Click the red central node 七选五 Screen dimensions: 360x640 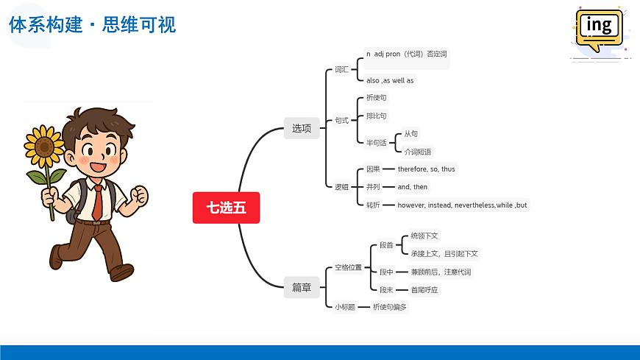[x=226, y=208]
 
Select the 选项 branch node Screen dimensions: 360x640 [x=302, y=128]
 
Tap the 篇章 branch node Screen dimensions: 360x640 [x=302, y=287]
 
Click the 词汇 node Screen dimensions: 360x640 [x=341, y=70]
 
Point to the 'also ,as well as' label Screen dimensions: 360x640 [x=390, y=80]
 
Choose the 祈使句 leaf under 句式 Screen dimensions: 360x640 [x=376, y=98]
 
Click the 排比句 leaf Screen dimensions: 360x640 [x=376, y=116]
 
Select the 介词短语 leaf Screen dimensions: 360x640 [x=418, y=152]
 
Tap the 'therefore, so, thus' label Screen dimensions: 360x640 [x=426, y=169]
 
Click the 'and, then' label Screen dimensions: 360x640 [x=412, y=187]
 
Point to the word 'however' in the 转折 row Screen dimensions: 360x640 [x=411, y=205]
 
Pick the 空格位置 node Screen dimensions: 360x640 [x=348, y=267]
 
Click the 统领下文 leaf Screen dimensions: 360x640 [x=424, y=236]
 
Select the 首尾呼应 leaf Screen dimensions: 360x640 [x=424, y=290]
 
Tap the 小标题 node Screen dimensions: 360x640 [x=344, y=307]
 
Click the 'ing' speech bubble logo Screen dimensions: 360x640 [x=600, y=27]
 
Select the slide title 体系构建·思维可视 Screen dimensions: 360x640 [x=93, y=25]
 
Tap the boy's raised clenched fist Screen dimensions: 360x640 [x=138, y=196]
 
